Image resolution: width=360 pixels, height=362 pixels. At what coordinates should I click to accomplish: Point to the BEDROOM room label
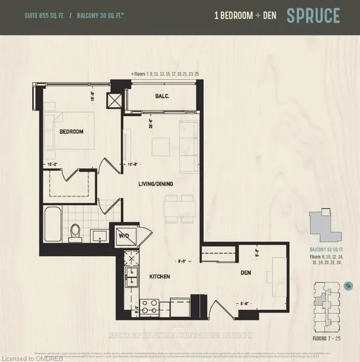pyautogui.click(x=71, y=132)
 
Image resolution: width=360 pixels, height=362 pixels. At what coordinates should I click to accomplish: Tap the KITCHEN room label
pyautogui.click(x=160, y=277)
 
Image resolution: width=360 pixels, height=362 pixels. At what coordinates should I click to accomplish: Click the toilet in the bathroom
pyautogui.click(x=76, y=232)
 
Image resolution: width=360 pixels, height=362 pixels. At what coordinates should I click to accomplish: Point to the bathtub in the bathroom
pyautogui.click(x=53, y=224)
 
